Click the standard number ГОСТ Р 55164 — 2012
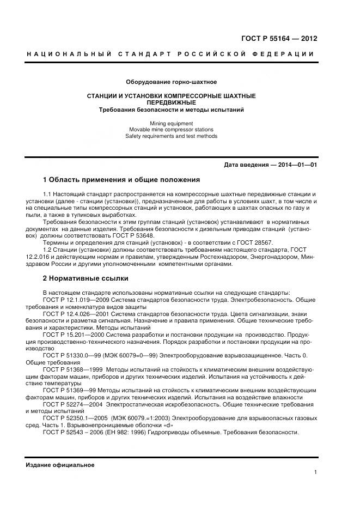[x=279, y=38]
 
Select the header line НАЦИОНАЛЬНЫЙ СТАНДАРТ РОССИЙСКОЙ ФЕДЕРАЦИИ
[x=170, y=53]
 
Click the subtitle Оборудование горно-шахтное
[x=171, y=82]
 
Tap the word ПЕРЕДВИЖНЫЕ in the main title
[x=171, y=102]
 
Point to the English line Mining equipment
[x=171, y=124]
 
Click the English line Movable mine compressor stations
[x=171, y=130]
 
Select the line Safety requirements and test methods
[x=171, y=136]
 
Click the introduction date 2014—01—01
[x=298, y=165]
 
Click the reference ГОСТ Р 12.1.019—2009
[x=74, y=300]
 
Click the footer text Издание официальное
[x=60, y=465]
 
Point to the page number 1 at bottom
[x=315, y=472]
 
